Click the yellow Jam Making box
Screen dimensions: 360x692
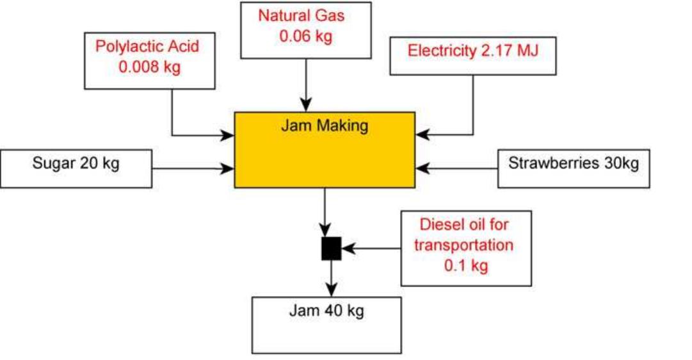[x=325, y=150]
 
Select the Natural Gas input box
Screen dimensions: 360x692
[x=307, y=29]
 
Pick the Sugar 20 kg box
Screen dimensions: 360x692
[x=76, y=168]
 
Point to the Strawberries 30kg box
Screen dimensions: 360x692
[x=574, y=168]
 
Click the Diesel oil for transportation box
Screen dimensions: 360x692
[x=466, y=248]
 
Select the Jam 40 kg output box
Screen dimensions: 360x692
[x=326, y=325]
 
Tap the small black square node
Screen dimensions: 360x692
[x=331, y=248]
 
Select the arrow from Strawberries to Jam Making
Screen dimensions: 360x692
[x=456, y=169]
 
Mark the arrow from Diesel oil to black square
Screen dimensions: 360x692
[x=371, y=248]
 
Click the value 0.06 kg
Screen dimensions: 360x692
[x=306, y=36]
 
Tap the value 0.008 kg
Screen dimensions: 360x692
[x=150, y=67]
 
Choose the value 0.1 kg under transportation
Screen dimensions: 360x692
[x=466, y=265]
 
